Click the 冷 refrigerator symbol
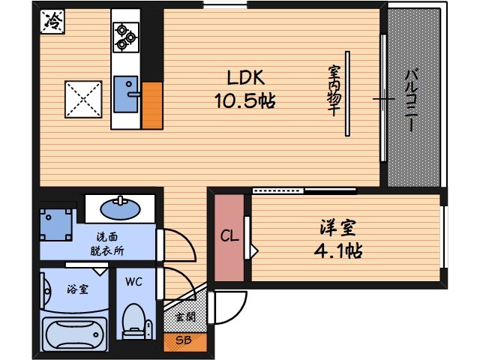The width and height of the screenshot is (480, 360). (52, 23)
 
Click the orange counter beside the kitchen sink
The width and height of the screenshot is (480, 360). (152, 104)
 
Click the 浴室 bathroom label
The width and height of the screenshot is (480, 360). (77, 288)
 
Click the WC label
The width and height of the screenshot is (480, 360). (133, 283)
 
